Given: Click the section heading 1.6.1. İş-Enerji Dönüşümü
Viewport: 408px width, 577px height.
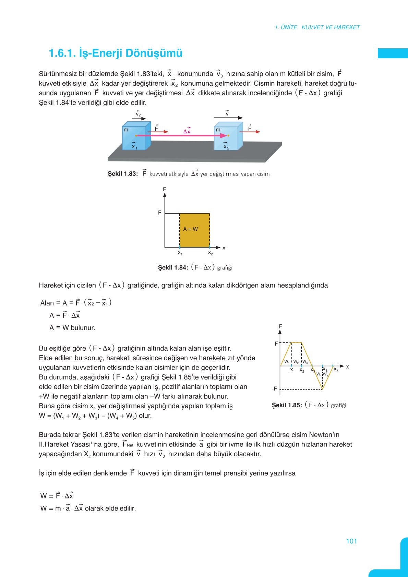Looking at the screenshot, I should pyautogui.click(x=116, y=53).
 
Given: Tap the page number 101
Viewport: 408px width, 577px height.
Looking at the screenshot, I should pyautogui.click(x=351, y=541).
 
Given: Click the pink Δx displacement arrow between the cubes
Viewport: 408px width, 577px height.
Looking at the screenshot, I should pyautogui.click(x=182, y=136).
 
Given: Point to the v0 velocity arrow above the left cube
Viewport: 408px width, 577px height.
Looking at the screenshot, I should pyautogui.click(x=139, y=119).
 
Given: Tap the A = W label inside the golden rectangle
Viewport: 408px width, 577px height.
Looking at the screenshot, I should pyautogui.click(x=191, y=229).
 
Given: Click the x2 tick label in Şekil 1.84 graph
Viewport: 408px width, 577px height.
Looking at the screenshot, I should pyautogui.click(x=210, y=253).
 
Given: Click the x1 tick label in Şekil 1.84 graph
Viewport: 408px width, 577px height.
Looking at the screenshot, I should pyautogui.click(x=180, y=253).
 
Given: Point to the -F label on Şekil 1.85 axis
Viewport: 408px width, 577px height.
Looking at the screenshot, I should pyautogui.click(x=274, y=389).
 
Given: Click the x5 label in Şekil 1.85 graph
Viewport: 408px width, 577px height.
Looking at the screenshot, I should pyautogui.click(x=336, y=370).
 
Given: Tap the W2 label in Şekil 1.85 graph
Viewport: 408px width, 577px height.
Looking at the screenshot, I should pyautogui.click(x=296, y=362).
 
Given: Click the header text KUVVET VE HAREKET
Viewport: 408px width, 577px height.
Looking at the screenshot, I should pyautogui.click(x=331, y=27).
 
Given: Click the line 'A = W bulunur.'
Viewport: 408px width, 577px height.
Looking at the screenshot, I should pyautogui.click(x=72, y=328).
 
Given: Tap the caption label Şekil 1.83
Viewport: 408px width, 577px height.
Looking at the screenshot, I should pyautogui.click(x=122, y=174).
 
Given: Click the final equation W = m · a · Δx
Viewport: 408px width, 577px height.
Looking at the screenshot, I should pyautogui.click(x=88, y=508).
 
